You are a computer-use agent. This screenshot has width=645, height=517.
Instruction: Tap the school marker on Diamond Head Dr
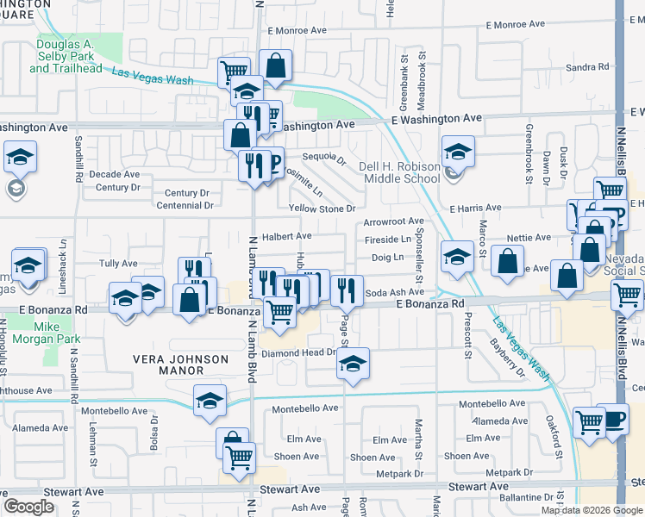coord(353,364)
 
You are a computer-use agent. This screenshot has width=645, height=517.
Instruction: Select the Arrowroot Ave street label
coord(393,221)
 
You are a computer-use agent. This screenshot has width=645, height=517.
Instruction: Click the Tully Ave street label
coord(118,263)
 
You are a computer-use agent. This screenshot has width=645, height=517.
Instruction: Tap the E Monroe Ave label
coord(297,30)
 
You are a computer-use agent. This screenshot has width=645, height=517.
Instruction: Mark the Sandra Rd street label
coord(586,67)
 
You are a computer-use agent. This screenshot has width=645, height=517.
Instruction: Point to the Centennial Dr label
coord(185,206)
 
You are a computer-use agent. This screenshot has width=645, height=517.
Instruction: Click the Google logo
coord(28,507)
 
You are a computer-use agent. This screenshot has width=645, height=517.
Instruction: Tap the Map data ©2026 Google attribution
coord(591,510)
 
